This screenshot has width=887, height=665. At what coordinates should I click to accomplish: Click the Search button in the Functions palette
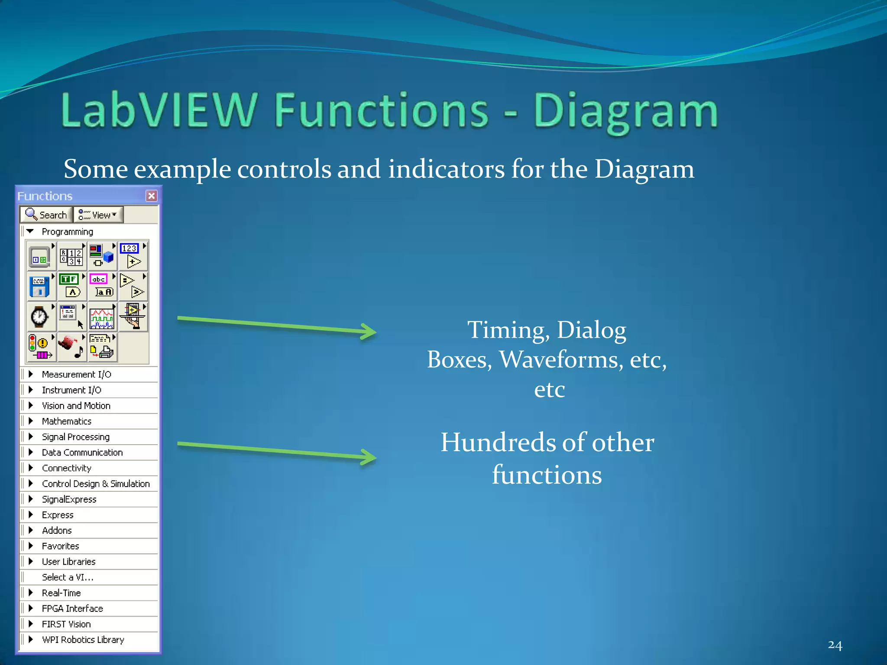tap(46, 215)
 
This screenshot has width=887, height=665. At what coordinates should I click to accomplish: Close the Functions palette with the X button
tap(151, 196)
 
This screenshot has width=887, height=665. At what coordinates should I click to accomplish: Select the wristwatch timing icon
tap(40, 317)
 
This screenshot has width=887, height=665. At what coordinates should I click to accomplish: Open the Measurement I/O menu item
tap(76, 374)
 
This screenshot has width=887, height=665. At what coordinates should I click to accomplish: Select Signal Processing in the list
tap(75, 437)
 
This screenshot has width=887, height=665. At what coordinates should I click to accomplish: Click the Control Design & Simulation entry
tap(95, 484)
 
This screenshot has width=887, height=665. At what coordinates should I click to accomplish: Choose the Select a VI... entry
tap(68, 577)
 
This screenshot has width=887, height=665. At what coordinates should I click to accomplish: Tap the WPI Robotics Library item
tap(83, 639)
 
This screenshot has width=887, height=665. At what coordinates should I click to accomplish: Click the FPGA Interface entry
tap(72, 608)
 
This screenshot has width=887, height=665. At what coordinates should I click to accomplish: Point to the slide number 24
tap(835, 645)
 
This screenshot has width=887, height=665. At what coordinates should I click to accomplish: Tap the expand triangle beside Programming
tap(30, 232)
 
